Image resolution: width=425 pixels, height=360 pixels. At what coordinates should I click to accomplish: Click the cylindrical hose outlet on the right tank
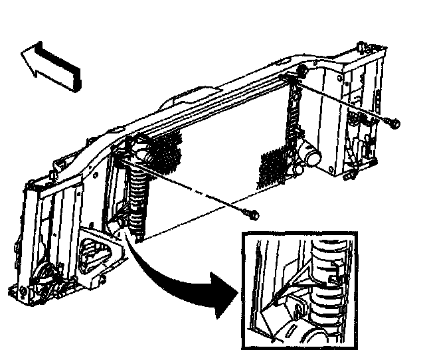(x=309, y=157)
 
